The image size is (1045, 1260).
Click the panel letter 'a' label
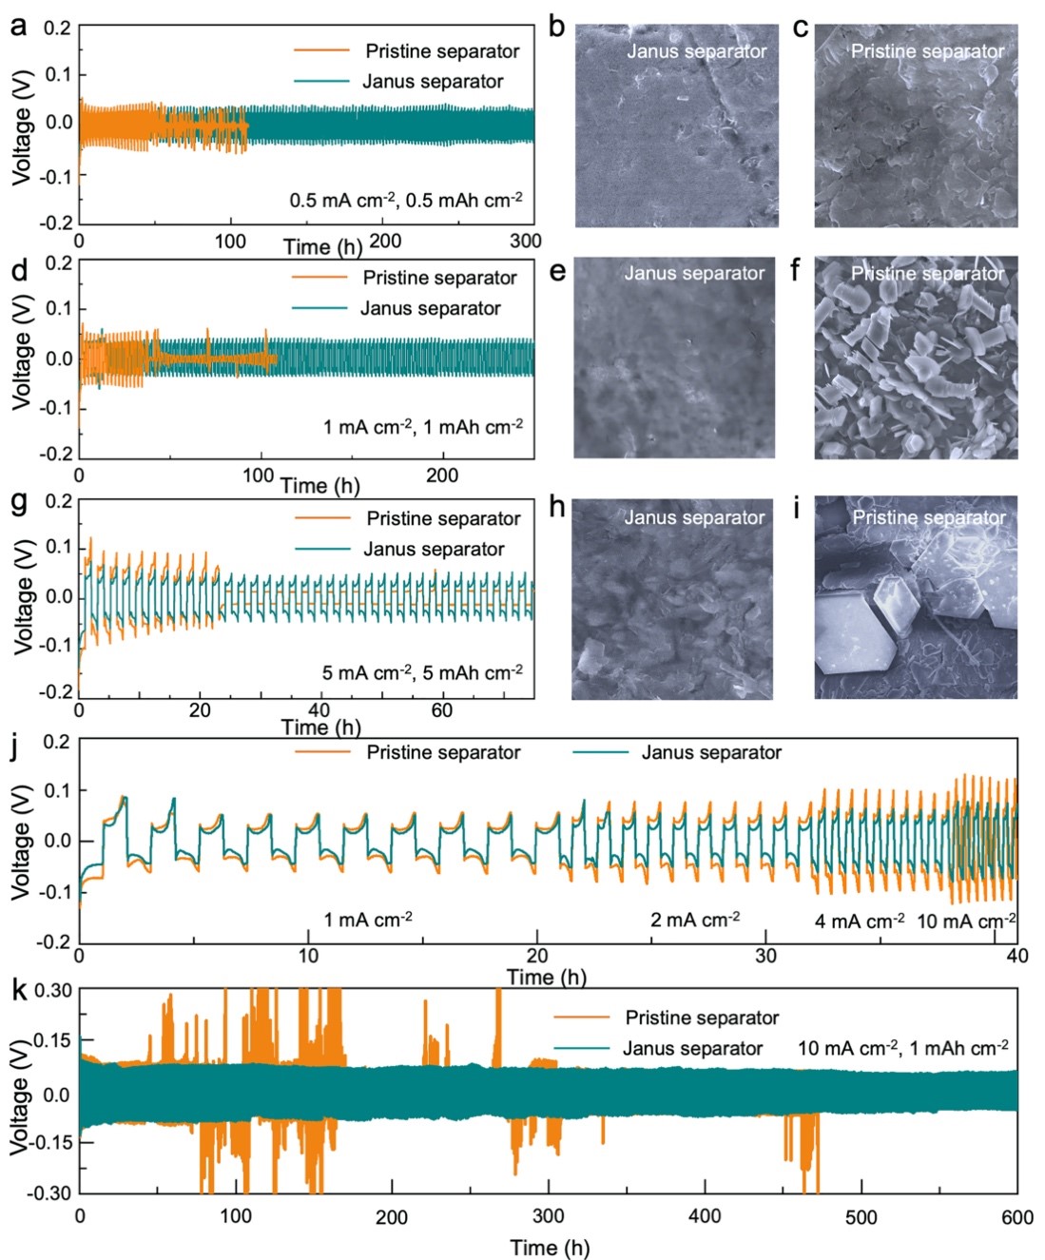coord(18,26)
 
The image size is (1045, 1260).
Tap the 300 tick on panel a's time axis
coord(525,242)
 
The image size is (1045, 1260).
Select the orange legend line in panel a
coord(321,50)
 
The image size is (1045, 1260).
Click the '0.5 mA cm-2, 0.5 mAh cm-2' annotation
coord(406,201)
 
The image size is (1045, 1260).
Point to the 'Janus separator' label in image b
coord(696,51)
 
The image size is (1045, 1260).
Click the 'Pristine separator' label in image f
coord(927,274)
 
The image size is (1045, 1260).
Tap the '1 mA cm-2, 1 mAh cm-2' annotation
coord(423,427)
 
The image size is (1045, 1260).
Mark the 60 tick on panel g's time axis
coord(441,710)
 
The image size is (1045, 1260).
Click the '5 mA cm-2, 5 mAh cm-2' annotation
coord(422,672)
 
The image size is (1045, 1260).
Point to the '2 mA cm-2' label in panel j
coord(695,920)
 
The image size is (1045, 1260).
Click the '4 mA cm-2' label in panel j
coord(860,921)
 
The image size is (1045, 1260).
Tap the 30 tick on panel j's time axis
coord(766,956)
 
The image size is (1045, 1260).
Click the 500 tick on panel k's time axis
coord(861,1216)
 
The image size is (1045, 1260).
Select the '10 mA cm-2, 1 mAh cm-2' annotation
coord(902,1048)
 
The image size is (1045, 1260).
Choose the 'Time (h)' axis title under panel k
coord(549,1248)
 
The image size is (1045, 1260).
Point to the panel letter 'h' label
coord(557,507)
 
